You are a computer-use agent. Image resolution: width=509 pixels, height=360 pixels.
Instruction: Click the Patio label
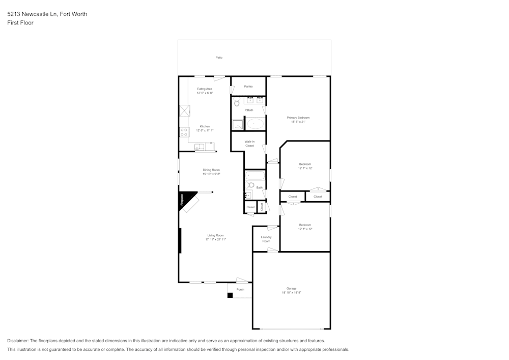219,58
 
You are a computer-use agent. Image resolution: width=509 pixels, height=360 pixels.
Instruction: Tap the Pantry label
248,87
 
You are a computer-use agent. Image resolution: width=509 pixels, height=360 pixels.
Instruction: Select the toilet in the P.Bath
237,102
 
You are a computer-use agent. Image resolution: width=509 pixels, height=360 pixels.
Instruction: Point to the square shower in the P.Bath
238,125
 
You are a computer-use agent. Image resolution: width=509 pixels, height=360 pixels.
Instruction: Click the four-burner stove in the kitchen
184,132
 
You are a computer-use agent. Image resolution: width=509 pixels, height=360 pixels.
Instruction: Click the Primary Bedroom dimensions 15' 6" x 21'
298,122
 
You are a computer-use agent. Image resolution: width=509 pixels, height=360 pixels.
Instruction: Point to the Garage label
291,288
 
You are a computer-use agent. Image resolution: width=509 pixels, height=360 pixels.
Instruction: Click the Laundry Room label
266,239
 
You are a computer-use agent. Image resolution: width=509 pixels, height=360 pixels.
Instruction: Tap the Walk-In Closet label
249,144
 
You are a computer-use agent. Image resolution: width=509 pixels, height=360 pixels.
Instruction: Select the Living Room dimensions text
215,239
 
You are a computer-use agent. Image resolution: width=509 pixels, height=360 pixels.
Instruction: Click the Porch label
240,289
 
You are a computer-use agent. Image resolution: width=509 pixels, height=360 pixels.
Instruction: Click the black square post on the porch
230,295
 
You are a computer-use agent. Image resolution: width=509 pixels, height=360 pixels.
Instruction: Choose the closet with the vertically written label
262,207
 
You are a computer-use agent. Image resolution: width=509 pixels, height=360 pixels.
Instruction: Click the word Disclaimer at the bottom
18,341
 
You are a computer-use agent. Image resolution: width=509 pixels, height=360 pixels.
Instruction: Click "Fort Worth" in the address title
73,14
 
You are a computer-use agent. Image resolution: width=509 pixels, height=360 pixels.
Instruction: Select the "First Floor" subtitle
20,23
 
